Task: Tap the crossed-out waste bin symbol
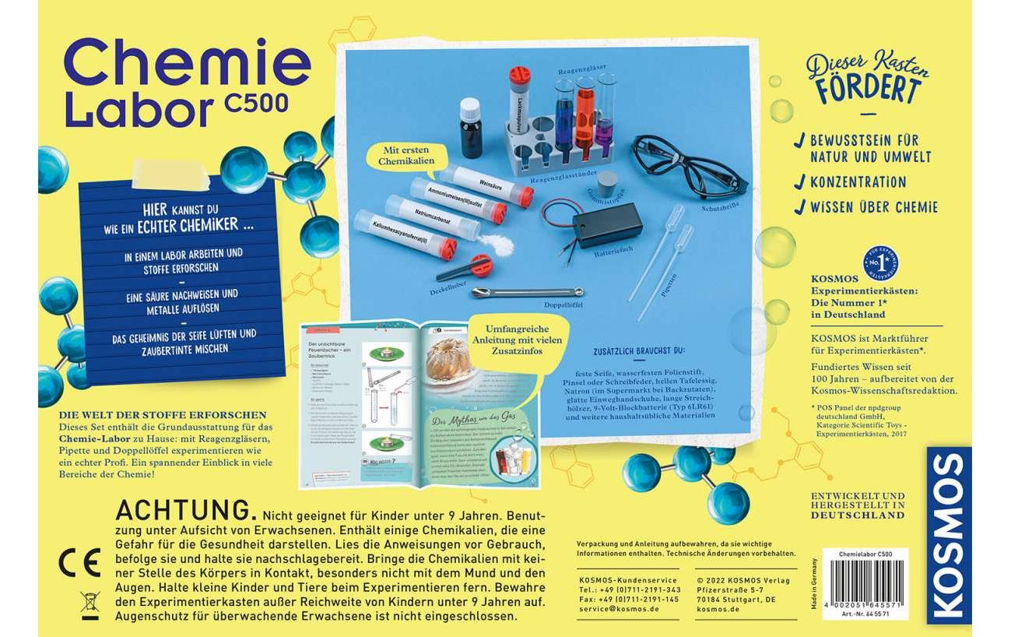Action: click(90, 604)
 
